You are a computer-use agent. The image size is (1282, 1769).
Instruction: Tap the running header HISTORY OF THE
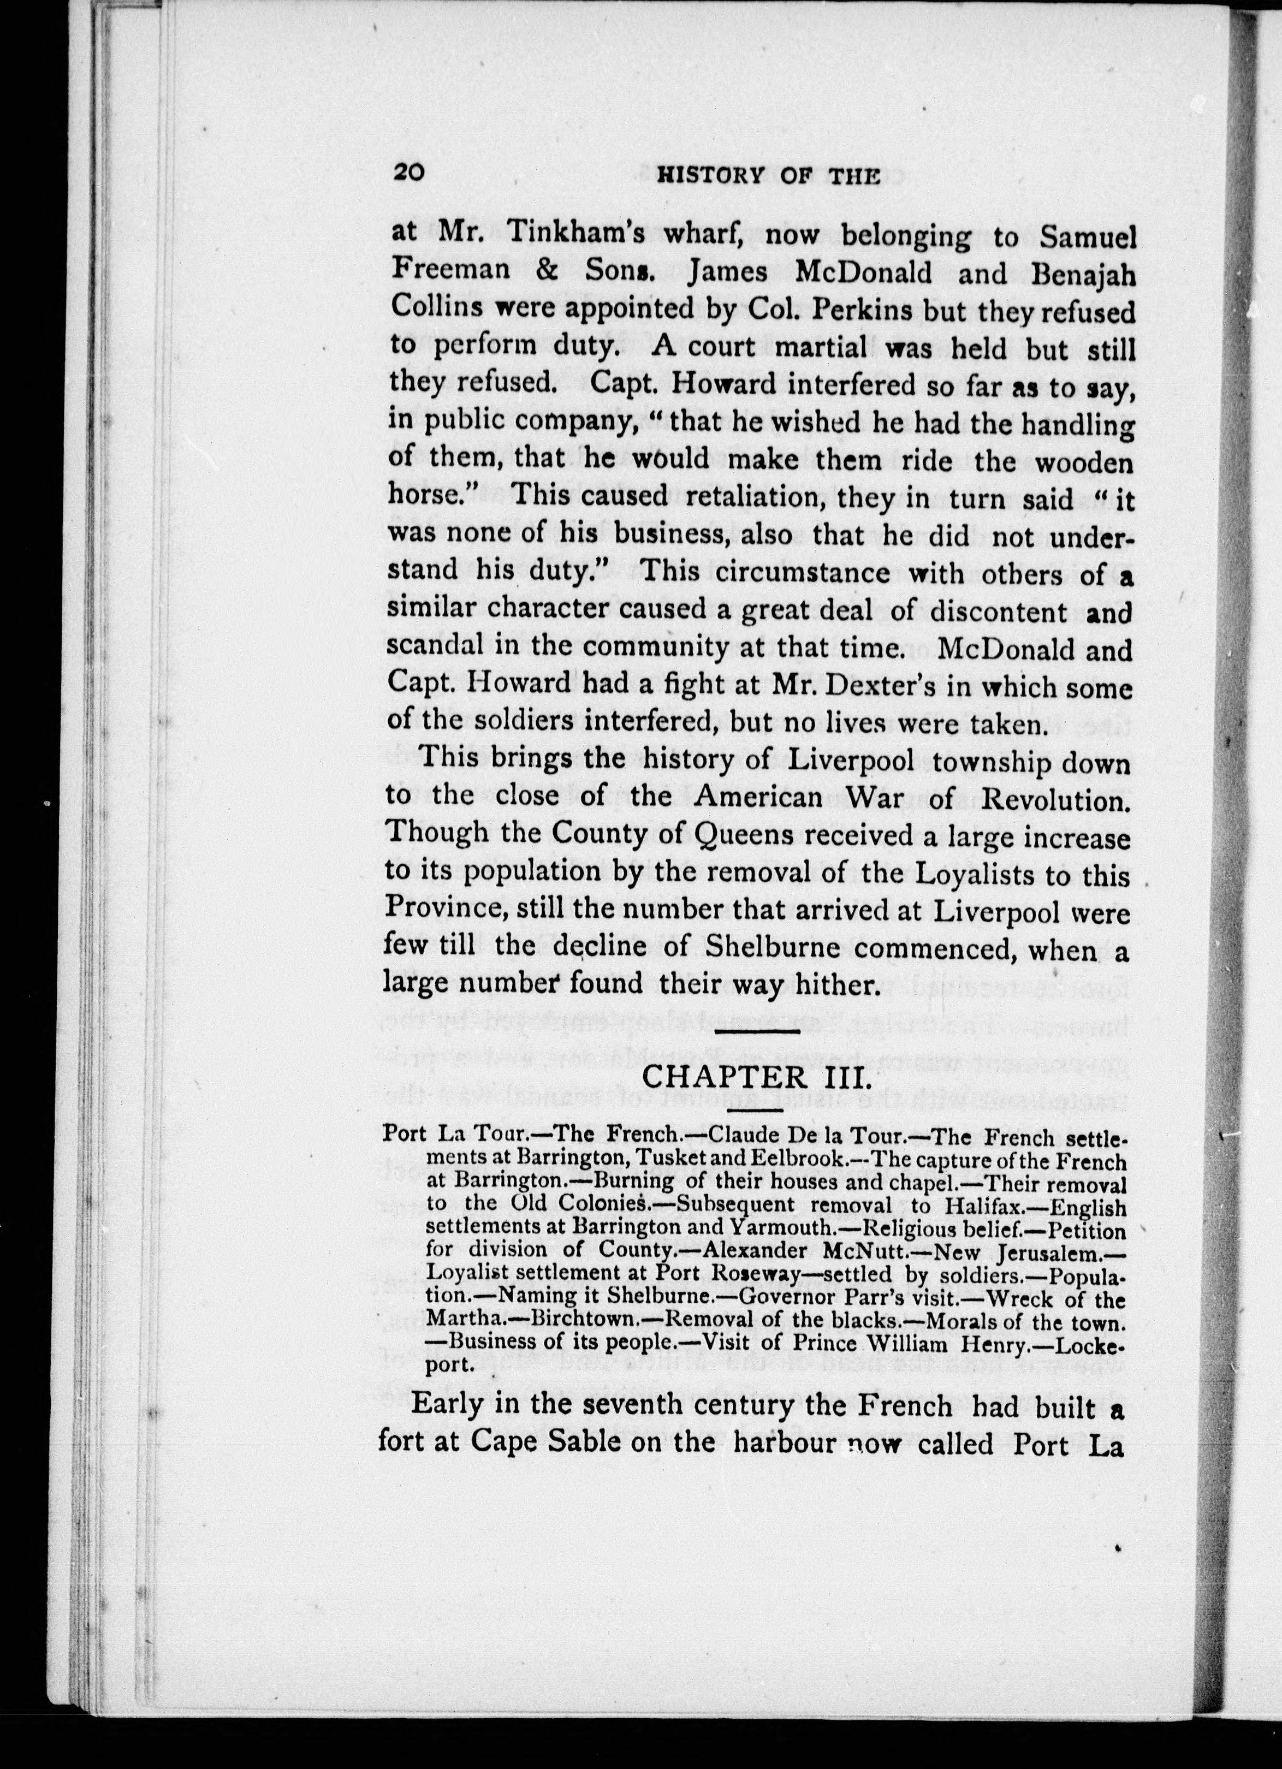[769, 175]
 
